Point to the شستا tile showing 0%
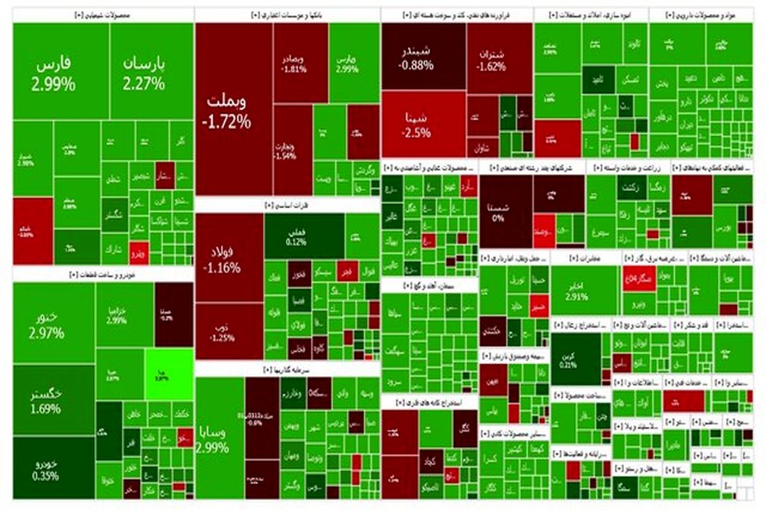tap(506, 212)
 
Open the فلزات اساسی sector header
tap(287, 205)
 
